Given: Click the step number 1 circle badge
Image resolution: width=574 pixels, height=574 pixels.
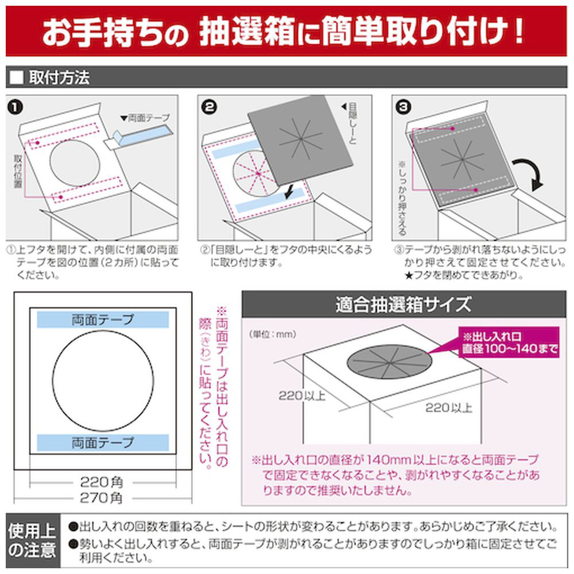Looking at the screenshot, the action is point(15,107).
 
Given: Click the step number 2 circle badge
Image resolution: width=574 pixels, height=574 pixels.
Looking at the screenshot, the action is point(209,107).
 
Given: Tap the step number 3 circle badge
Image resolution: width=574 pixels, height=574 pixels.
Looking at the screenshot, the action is point(404,107).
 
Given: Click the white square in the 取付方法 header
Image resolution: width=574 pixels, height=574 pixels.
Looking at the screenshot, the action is point(17,77).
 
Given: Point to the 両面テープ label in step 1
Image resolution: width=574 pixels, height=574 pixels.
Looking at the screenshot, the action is point(146,118).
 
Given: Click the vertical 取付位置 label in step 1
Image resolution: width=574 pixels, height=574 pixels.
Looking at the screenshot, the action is point(18,171).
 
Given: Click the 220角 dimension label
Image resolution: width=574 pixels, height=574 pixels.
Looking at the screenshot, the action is point(102,482).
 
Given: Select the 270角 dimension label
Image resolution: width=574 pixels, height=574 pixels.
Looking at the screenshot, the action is point(102,498).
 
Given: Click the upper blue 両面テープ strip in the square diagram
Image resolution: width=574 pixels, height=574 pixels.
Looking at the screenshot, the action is point(103,320).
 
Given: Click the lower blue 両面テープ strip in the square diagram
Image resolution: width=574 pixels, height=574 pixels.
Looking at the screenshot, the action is point(103,443).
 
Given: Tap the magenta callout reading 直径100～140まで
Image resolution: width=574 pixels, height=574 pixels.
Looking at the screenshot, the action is point(509,342).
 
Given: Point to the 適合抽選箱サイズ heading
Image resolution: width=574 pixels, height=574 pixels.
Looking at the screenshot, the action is point(404,304).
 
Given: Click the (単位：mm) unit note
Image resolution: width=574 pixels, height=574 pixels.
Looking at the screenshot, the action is point(273,334).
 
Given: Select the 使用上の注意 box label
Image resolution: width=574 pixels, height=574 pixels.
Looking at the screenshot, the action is point(32,540).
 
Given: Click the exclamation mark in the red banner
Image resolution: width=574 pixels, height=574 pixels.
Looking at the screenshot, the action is point(518,31).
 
